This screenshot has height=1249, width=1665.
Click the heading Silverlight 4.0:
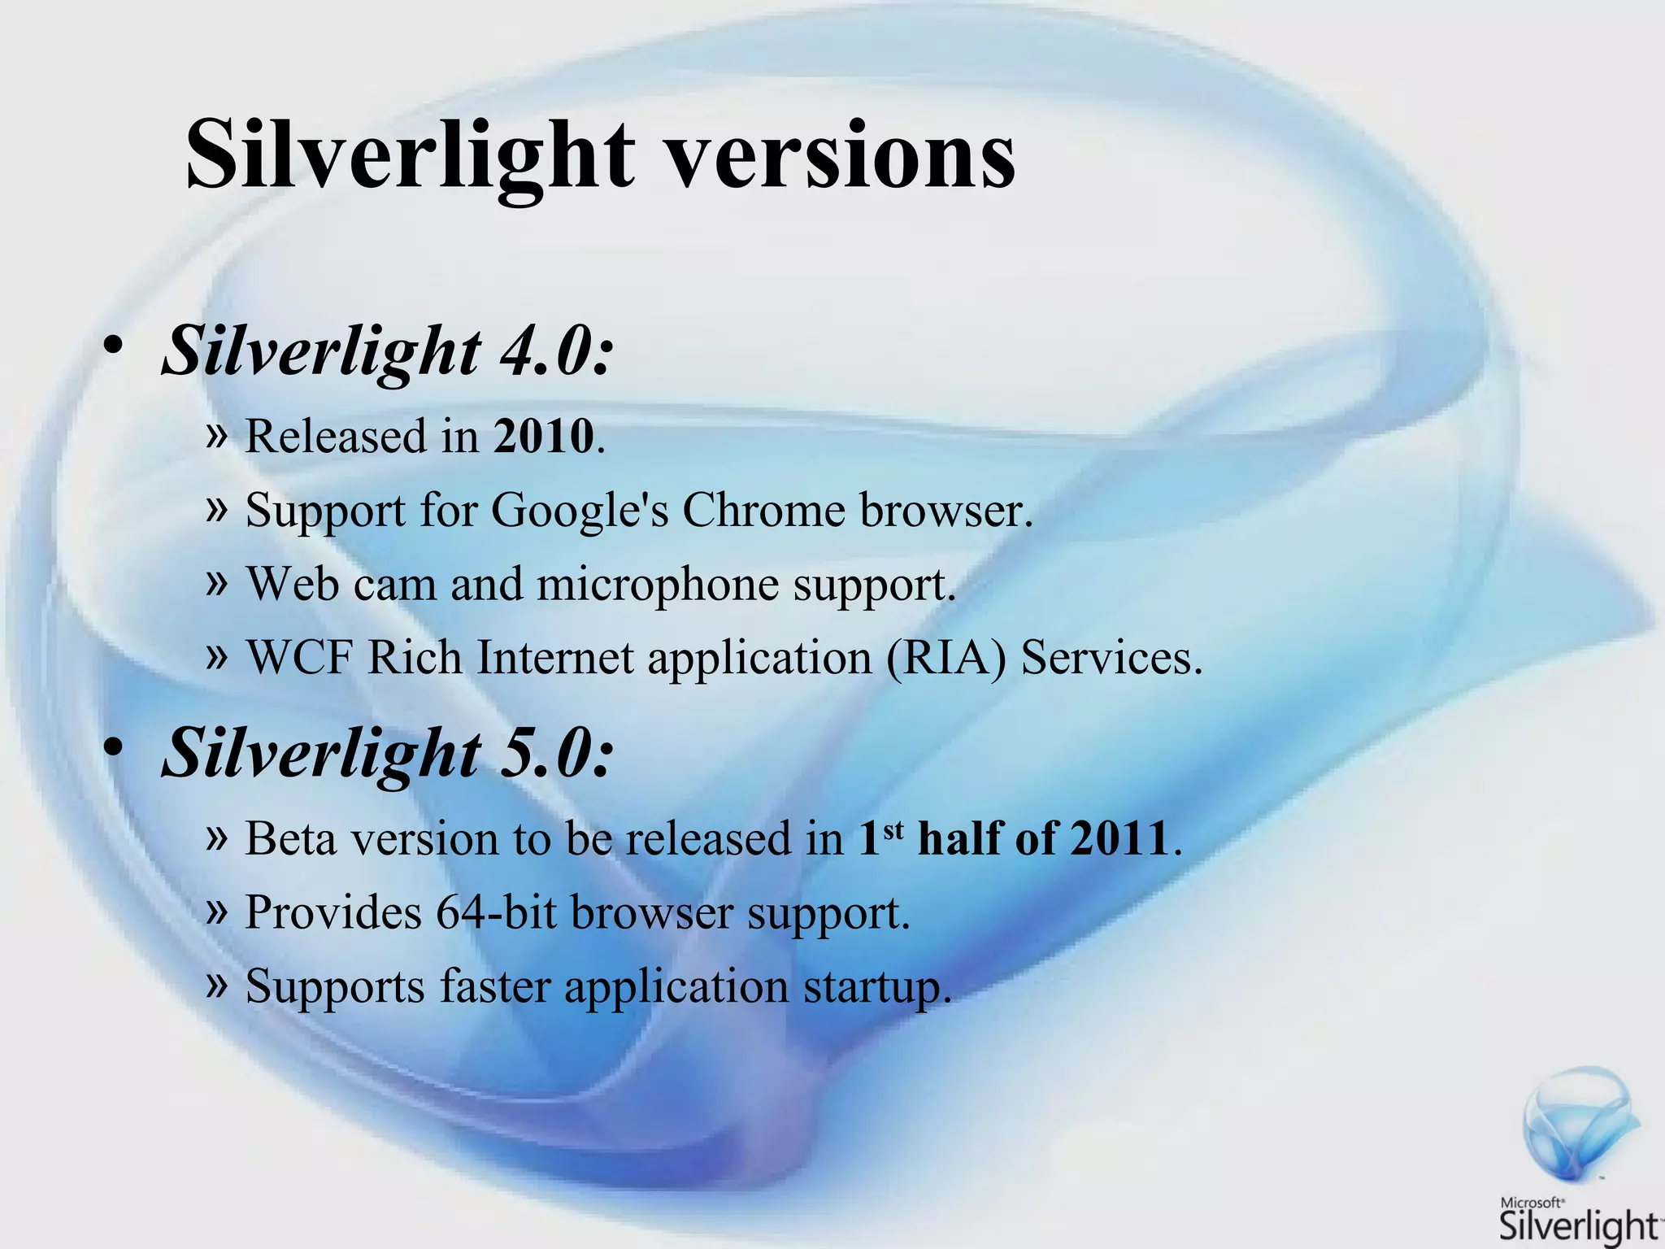point(387,352)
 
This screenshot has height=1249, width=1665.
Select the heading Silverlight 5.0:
point(387,753)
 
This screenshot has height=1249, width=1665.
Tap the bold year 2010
point(544,437)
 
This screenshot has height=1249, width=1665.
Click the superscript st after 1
point(893,828)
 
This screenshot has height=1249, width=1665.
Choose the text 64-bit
point(496,913)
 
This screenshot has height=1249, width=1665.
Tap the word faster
point(495,987)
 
